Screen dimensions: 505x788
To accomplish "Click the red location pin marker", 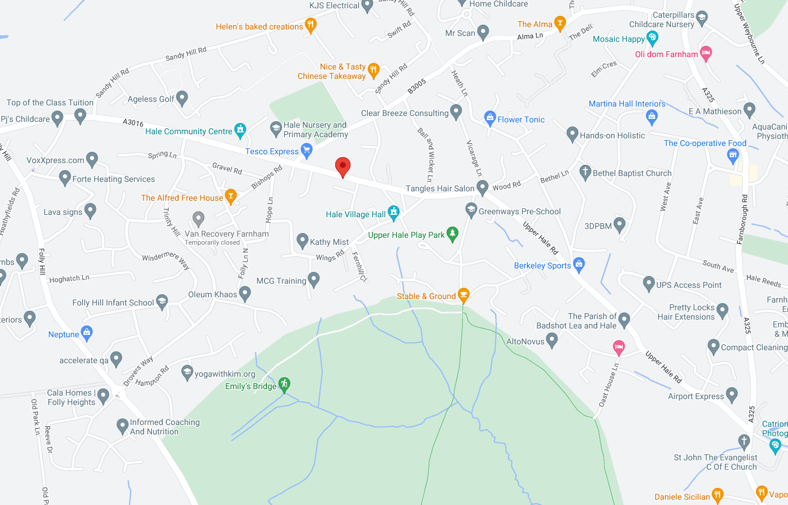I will click(x=342, y=167).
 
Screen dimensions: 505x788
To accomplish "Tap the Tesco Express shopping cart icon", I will click(x=306, y=151).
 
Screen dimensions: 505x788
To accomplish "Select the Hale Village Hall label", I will click(x=356, y=214).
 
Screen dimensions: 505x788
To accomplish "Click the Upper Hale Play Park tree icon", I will click(x=452, y=234).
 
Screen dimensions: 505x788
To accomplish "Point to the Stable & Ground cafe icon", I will click(x=463, y=295).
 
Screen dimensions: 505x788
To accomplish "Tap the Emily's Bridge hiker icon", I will click(x=284, y=385).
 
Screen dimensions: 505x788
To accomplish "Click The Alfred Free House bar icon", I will click(x=231, y=197).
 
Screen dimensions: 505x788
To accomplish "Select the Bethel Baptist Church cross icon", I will click(x=585, y=172).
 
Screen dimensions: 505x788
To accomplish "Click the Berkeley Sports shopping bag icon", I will click(x=579, y=264).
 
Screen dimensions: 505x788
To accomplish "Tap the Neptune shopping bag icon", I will click(x=87, y=333).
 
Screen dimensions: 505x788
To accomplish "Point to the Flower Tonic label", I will click(x=521, y=119).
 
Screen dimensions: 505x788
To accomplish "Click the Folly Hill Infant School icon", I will click(x=162, y=303).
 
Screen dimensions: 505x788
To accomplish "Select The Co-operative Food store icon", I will click(x=733, y=155).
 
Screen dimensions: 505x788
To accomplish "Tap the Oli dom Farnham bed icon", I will click(x=706, y=53).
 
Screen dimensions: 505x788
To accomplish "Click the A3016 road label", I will click(x=133, y=122).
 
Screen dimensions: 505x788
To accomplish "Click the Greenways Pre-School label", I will click(x=520, y=211).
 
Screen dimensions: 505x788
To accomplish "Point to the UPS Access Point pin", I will click(x=649, y=284).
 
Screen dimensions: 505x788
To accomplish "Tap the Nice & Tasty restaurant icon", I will click(x=373, y=71).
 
